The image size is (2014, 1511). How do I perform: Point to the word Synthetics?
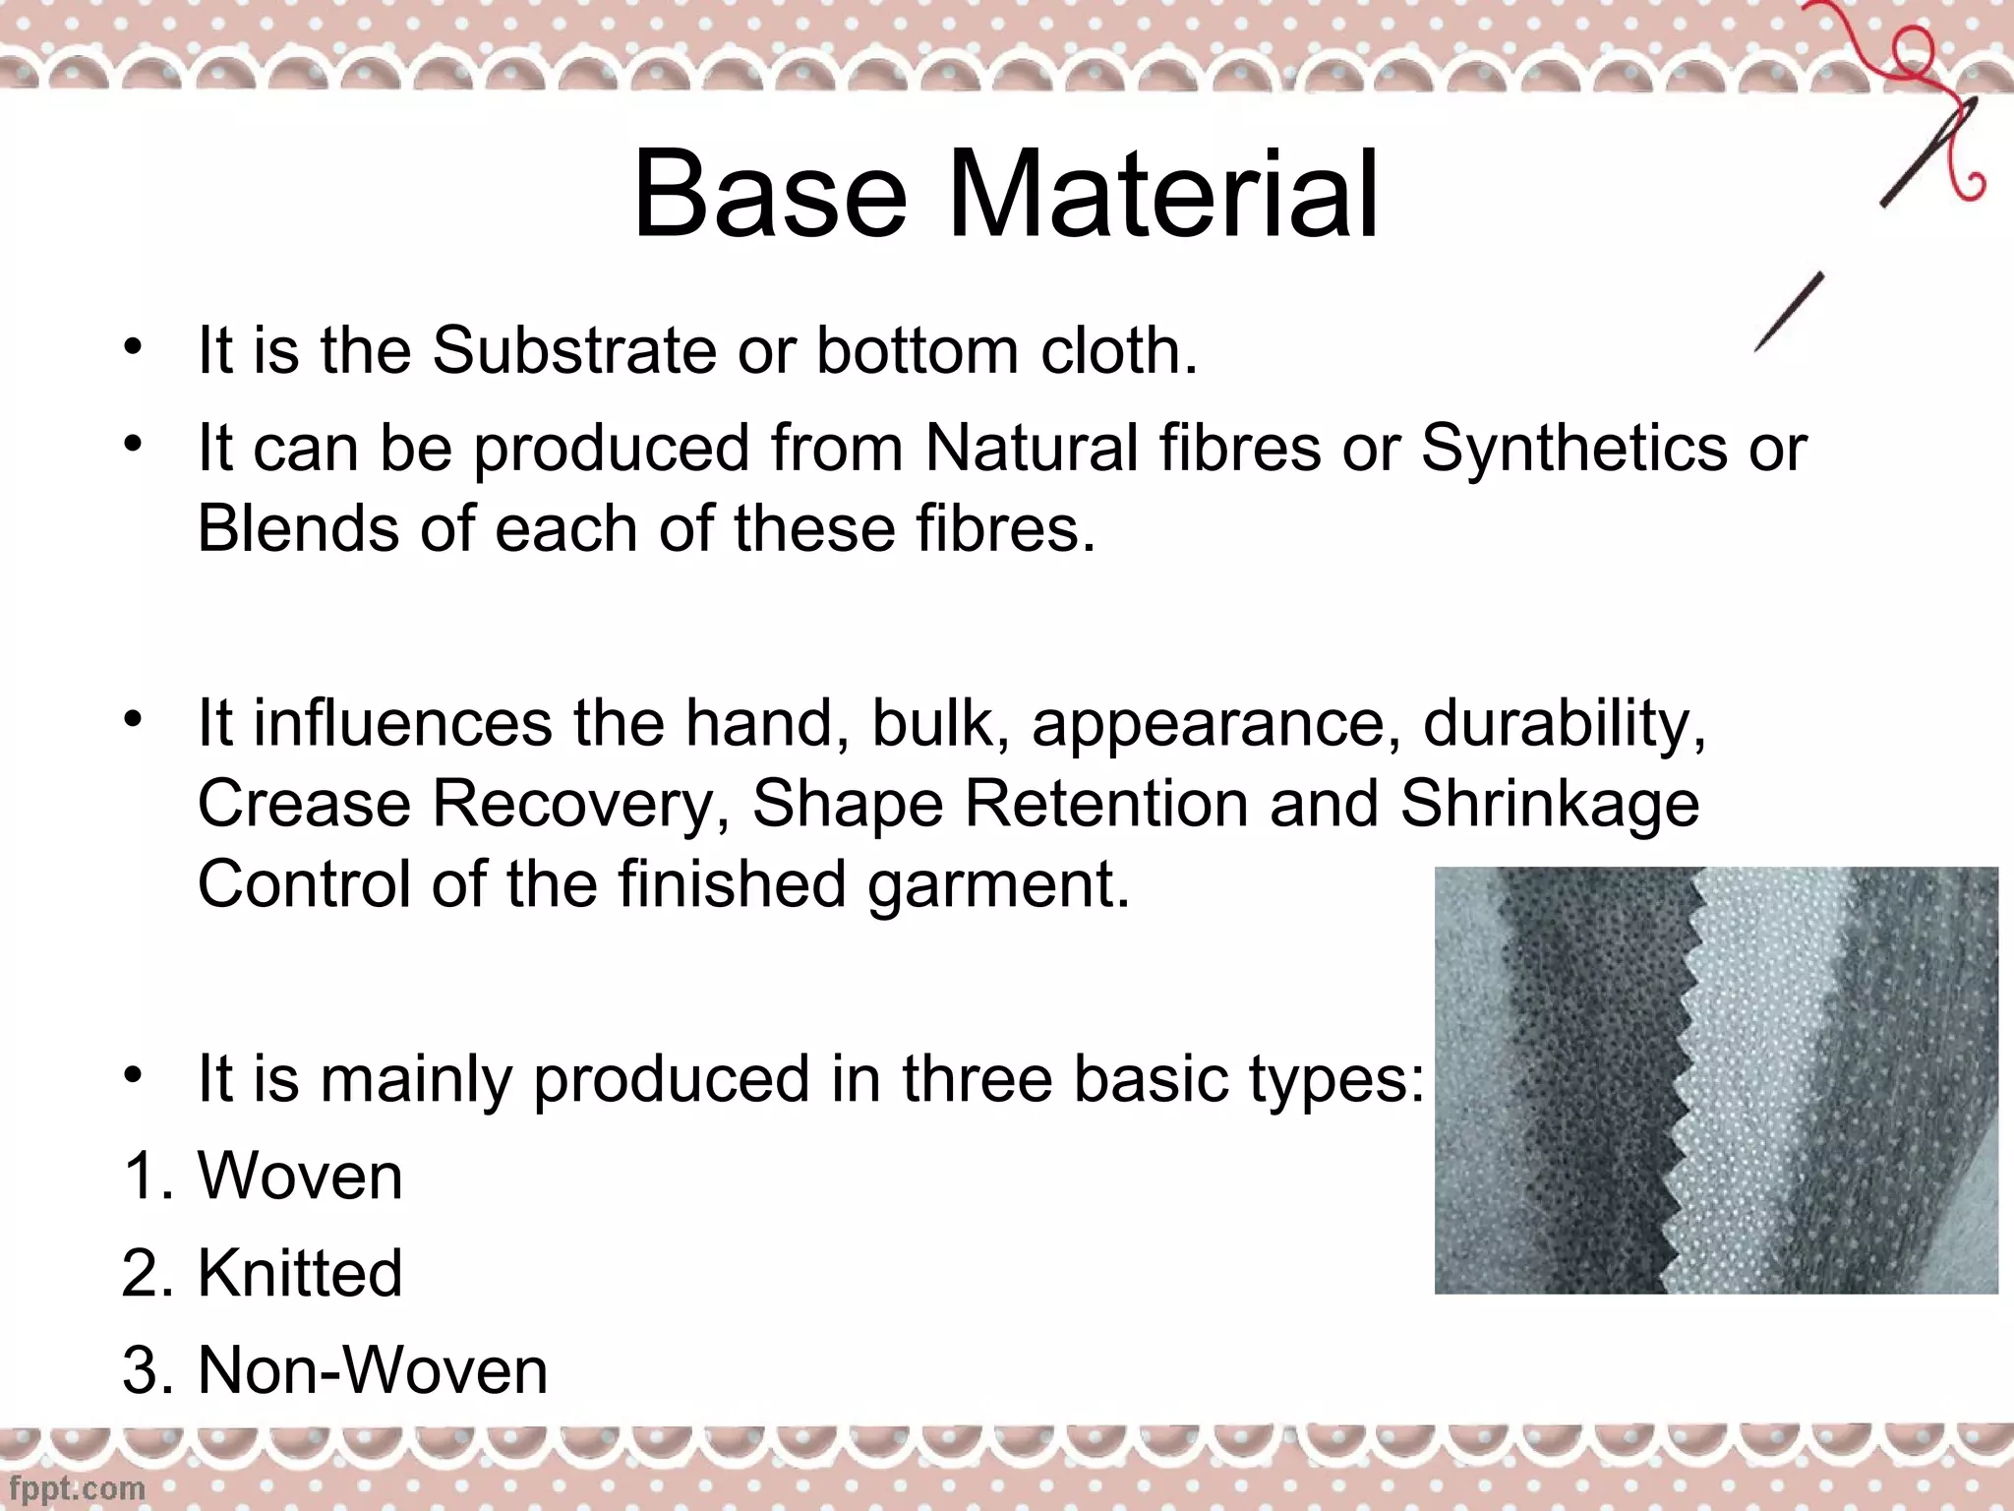(x=1573, y=448)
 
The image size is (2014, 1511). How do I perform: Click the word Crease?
(x=303, y=804)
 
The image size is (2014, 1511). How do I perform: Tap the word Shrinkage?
(x=1549, y=804)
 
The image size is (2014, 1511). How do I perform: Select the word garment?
(x=998, y=884)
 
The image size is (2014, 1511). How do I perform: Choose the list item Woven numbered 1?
(x=300, y=1176)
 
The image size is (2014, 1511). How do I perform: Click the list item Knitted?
(x=300, y=1273)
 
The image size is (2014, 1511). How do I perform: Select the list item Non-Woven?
(x=372, y=1370)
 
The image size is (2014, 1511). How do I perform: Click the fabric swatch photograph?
(x=1716, y=1080)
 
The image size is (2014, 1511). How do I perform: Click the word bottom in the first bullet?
(x=917, y=350)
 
